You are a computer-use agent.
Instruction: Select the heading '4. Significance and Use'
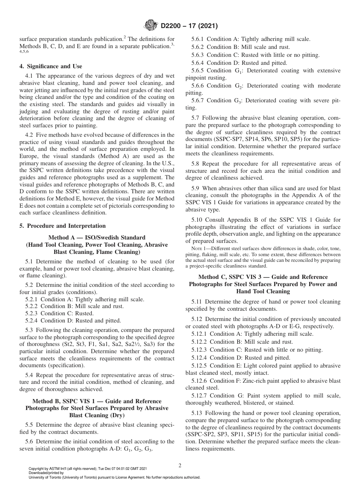(50, 66)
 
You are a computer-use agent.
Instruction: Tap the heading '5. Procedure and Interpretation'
(63, 226)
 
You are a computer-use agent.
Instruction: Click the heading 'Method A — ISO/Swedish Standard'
(97, 237)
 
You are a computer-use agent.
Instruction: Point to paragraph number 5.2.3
(32, 313)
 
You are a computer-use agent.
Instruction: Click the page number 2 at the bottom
(180, 466)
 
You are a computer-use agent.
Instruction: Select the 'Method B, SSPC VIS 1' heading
(97, 401)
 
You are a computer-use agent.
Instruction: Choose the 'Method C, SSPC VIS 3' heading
(263, 277)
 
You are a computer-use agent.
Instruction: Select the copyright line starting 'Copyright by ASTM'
(88, 469)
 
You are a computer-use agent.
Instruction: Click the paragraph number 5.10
(198, 220)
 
